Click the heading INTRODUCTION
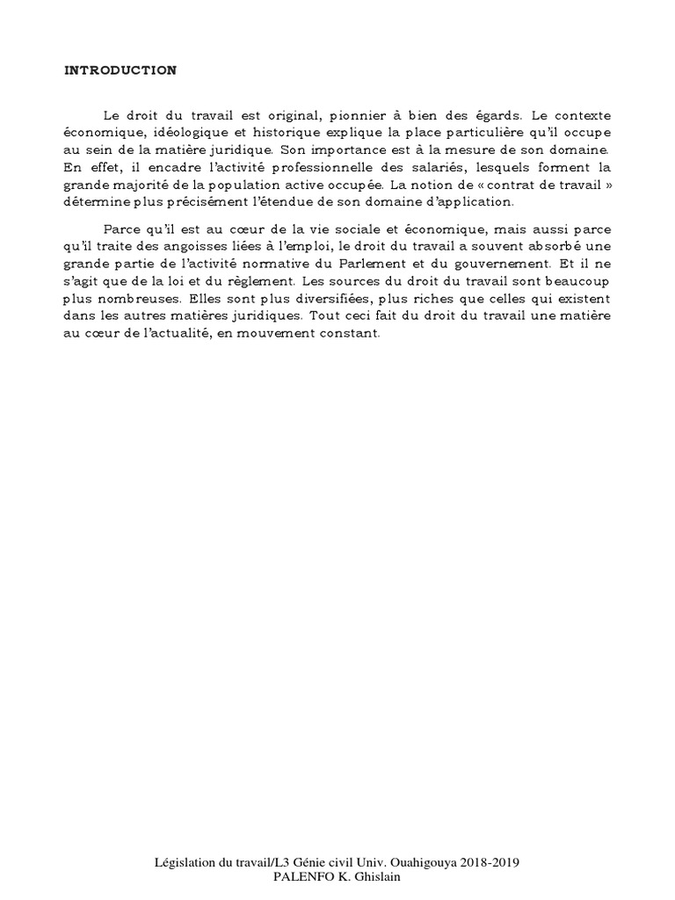coord(120,71)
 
